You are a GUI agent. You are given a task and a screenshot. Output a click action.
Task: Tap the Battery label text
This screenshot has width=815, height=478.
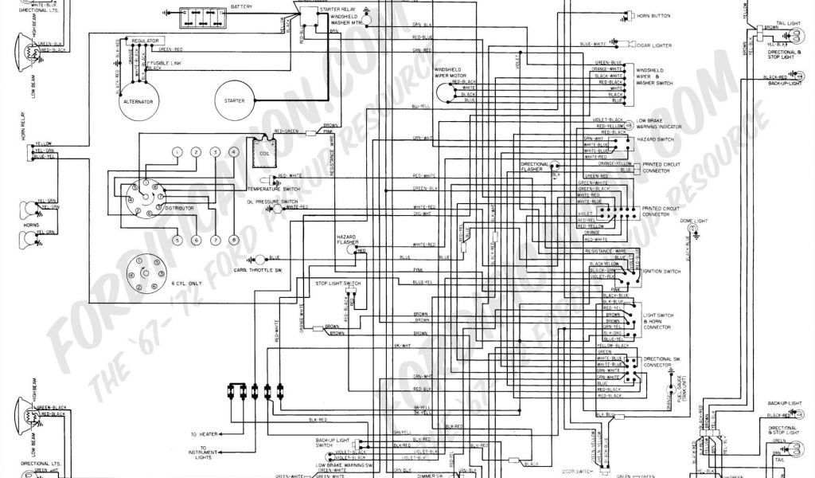[x=241, y=7]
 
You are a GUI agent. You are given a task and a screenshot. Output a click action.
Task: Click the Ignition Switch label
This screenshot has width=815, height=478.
[x=661, y=272]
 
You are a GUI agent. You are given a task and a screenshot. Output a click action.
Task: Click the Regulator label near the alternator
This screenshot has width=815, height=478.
[x=145, y=39]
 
